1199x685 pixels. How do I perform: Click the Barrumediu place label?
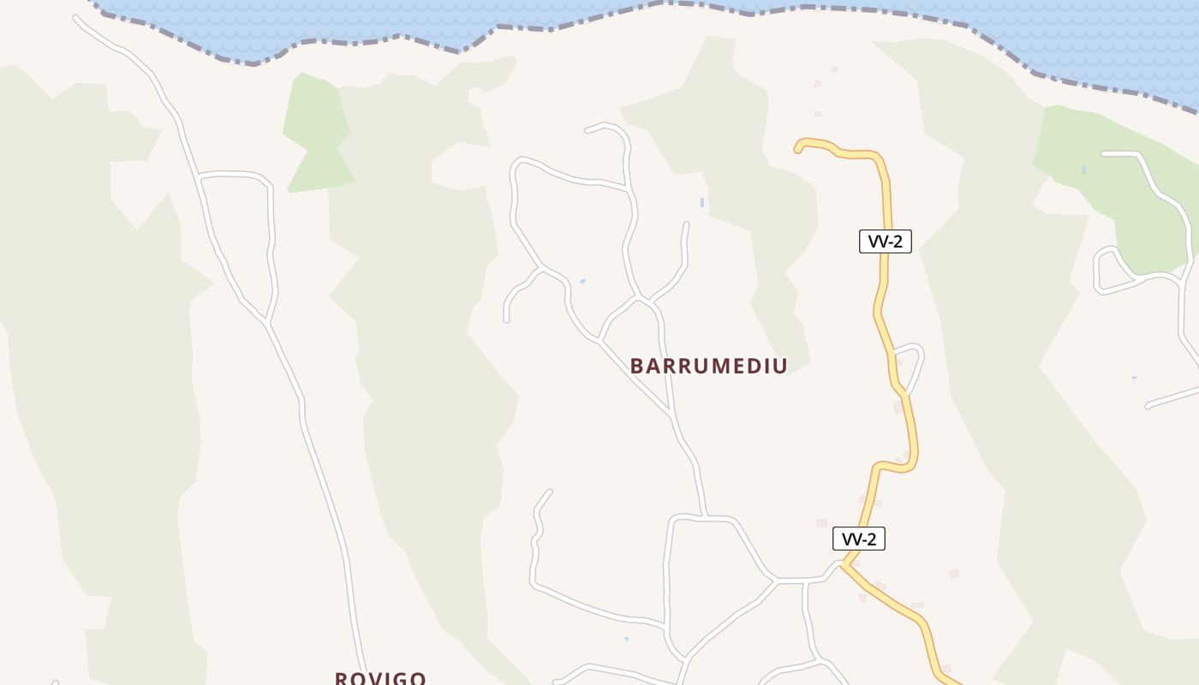click(x=708, y=366)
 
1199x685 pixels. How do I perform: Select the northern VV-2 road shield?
click(x=885, y=241)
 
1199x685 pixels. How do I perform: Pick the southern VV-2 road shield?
click(x=858, y=539)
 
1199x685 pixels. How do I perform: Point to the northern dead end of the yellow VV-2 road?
click(x=798, y=149)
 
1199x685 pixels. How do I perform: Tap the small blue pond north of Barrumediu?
click(x=702, y=203)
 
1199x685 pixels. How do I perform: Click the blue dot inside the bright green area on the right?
click(x=1084, y=170)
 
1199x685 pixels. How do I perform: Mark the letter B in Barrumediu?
click(x=636, y=366)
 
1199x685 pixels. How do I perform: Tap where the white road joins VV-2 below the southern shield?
click(x=844, y=563)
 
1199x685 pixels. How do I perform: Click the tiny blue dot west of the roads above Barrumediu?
click(x=582, y=281)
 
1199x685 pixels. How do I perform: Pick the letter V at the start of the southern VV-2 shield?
click(x=848, y=539)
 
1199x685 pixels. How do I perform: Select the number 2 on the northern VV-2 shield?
click(x=897, y=241)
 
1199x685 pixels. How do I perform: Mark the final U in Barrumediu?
click(x=780, y=366)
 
